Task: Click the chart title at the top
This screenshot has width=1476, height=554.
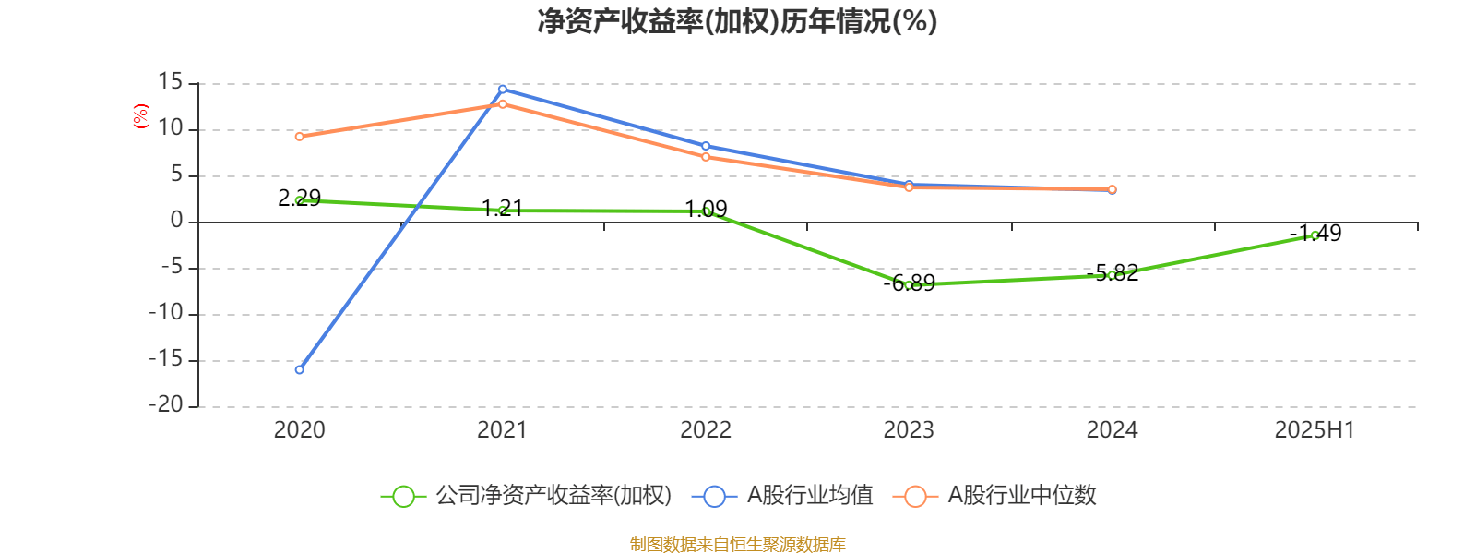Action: point(737,21)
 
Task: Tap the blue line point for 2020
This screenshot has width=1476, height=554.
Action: point(299,369)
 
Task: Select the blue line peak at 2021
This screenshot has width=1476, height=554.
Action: point(503,89)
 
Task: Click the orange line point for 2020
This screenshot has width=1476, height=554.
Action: point(299,137)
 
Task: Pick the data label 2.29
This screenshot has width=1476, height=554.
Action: point(299,198)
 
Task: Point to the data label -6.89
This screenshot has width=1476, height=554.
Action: point(909,283)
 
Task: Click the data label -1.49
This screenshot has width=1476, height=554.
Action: point(1315,233)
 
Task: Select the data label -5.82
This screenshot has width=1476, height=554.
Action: point(1113,272)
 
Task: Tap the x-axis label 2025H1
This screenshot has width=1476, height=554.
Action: point(1315,429)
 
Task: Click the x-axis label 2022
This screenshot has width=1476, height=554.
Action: point(706,429)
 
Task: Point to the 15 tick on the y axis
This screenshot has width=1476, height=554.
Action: point(171,82)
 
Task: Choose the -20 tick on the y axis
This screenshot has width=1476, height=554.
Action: point(166,404)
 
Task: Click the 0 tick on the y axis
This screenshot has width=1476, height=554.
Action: point(177,221)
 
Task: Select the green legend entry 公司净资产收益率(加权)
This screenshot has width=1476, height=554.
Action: point(526,496)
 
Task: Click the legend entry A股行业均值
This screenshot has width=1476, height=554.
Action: point(789,496)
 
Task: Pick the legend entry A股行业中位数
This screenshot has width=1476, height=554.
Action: point(995,496)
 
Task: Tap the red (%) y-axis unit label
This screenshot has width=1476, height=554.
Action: point(141,116)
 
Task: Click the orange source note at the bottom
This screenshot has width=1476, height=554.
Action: point(737,544)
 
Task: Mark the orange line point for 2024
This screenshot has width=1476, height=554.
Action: point(1112,189)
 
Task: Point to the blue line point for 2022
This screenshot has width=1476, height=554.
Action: point(706,146)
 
